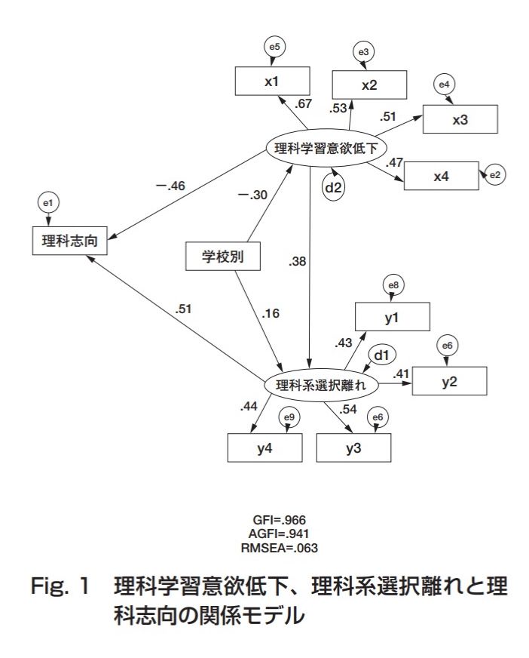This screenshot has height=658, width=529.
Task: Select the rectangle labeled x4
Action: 441,176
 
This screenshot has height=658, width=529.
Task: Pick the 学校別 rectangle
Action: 223,257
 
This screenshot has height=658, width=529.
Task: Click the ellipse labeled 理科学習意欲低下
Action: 326,149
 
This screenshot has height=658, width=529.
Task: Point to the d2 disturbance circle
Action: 333,187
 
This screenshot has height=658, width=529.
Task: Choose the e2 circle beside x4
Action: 495,176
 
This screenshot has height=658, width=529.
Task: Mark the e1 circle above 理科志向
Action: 48,203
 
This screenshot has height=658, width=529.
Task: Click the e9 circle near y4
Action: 289,417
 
